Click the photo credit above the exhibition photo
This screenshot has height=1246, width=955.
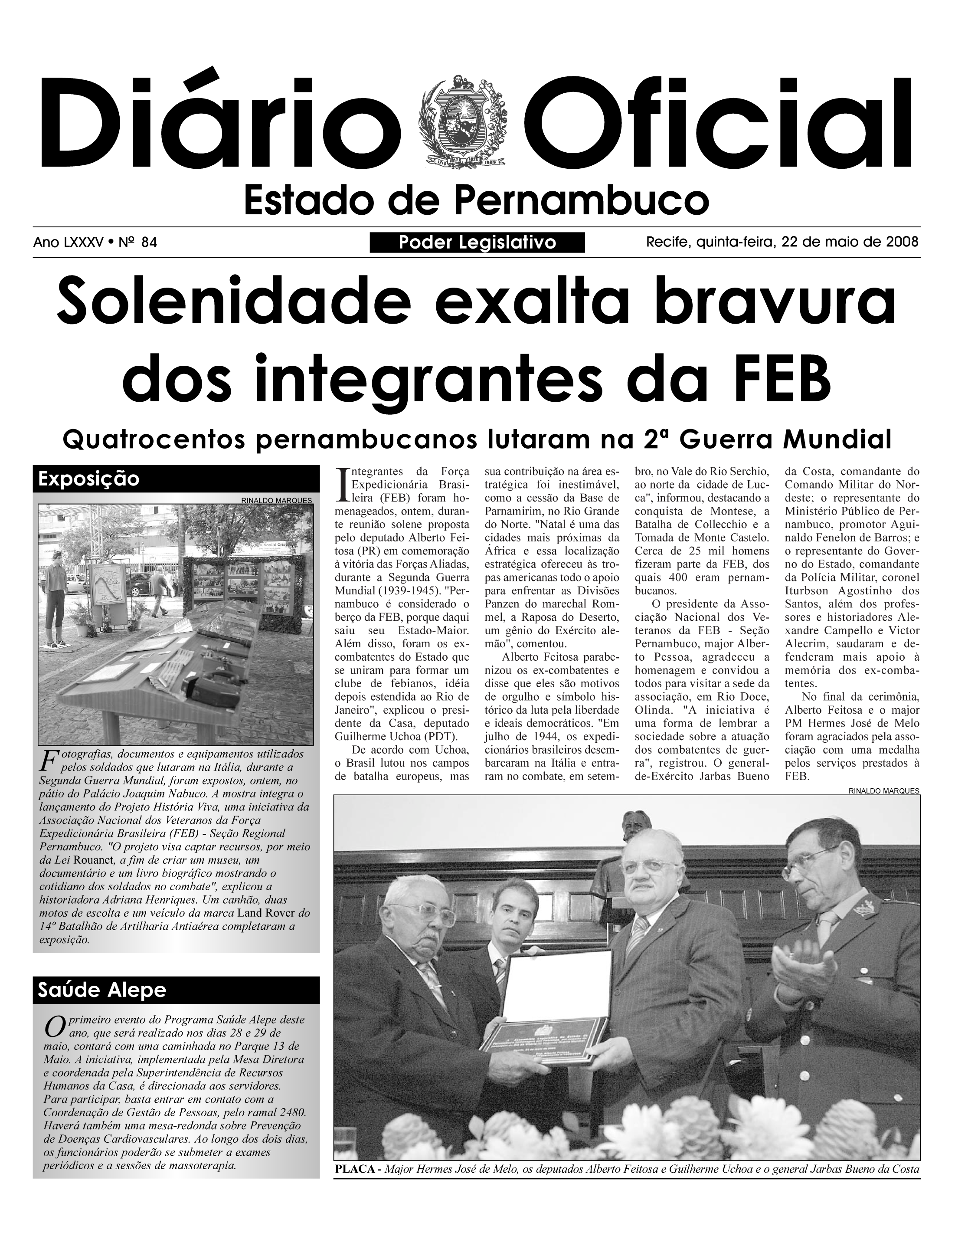(276, 501)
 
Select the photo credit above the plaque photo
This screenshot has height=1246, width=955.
(884, 790)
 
